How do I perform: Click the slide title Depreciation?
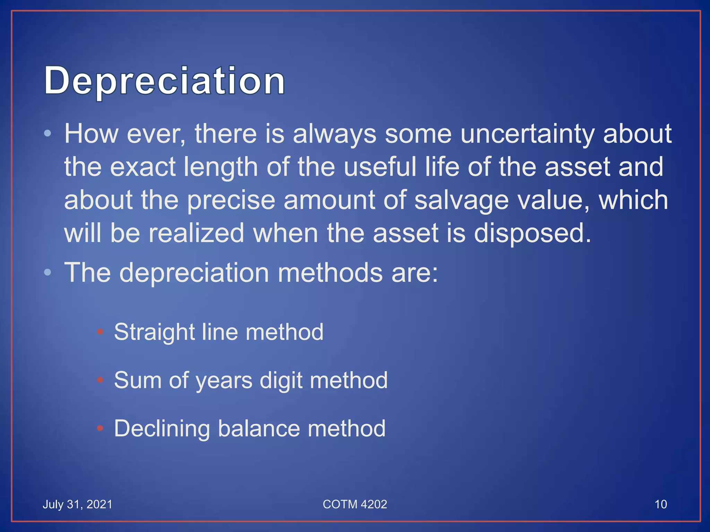point(164,80)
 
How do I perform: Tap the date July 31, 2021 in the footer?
point(77,504)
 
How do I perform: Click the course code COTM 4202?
point(355,504)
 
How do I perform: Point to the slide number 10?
point(660,504)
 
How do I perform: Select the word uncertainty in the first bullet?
point(527,134)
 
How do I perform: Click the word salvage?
point(461,201)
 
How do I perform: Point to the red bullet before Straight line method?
point(100,332)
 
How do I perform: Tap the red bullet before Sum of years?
point(100,380)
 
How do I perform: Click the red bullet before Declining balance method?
point(100,428)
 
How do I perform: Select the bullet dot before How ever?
point(48,133)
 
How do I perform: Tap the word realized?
point(196,233)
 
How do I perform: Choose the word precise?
point(231,201)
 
